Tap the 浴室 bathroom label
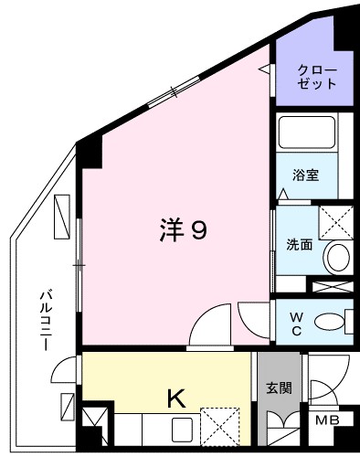[305, 175]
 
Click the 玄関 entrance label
[279, 387]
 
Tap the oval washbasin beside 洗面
[338, 256]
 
